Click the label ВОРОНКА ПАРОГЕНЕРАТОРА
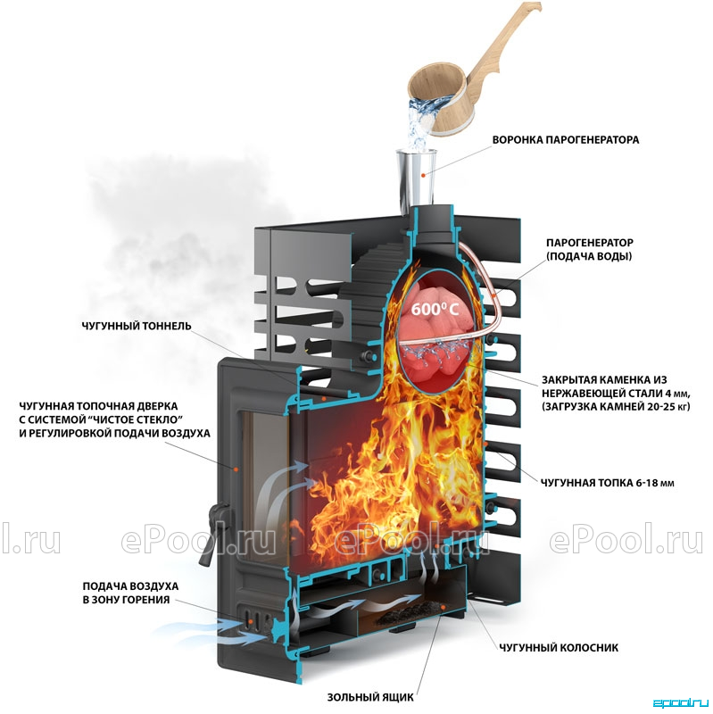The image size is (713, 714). [x=566, y=140]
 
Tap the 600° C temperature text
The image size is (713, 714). [x=435, y=310]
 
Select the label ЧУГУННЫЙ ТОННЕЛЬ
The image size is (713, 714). [x=137, y=326]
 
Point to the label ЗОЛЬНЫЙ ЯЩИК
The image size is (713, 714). [x=370, y=697]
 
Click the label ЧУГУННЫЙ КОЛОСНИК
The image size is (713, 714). [x=559, y=648]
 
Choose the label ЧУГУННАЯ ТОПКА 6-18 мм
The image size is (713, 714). [x=608, y=483]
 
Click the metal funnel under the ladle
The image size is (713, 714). [x=416, y=181]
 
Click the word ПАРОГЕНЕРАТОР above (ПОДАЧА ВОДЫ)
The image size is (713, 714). [x=590, y=243]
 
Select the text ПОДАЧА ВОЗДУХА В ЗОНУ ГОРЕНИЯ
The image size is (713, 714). [x=130, y=593]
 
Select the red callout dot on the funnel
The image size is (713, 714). [x=423, y=174]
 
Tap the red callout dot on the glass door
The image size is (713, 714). [x=236, y=468]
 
